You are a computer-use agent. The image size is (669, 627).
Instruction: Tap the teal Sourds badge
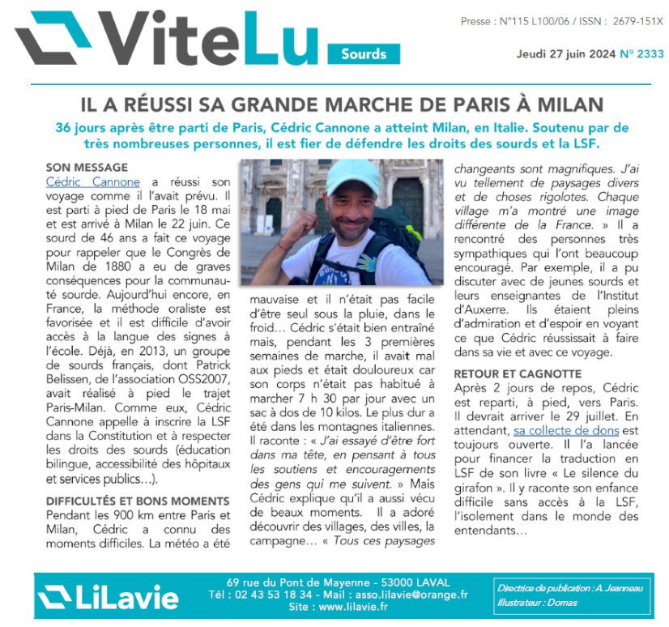click(x=364, y=54)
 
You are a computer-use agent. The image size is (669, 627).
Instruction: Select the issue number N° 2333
click(x=641, y=54)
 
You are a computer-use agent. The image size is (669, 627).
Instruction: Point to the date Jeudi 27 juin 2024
click(x=566, y=54)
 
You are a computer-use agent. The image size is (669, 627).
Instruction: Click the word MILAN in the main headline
click(x=572, y=104)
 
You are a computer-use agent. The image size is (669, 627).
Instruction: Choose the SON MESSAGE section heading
click(x=87, y=167)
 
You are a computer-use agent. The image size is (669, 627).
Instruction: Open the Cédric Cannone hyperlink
click(x=93, y=182)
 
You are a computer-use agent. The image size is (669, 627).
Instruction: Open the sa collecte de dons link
click(x=566, y=431)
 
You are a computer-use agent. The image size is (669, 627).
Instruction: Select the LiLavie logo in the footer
click(x=109, y=596)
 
